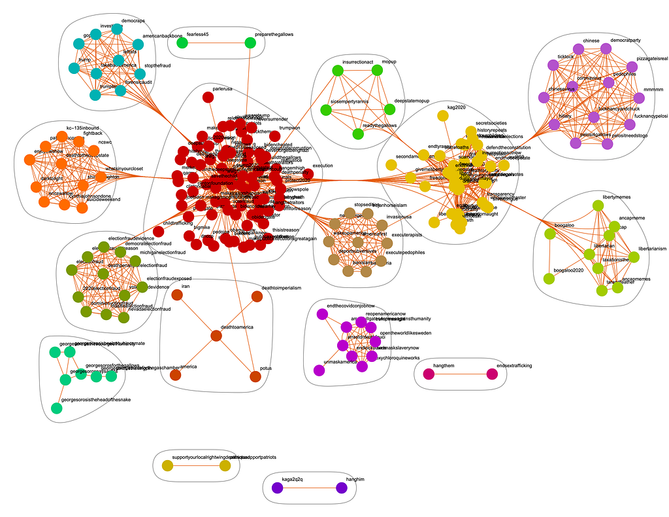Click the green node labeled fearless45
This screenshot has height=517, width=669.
click(182, 43)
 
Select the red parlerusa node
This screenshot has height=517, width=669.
click(208, 97)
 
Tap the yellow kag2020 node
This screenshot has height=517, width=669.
click(442, 116)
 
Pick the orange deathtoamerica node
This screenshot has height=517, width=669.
click(216, 336)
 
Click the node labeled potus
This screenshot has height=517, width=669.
click(255, 376)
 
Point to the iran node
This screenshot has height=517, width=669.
click(176, 295)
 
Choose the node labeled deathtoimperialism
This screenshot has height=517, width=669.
click(257, 296)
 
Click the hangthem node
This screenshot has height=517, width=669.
click(429, 374)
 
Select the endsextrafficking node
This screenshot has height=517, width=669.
click(492, 374)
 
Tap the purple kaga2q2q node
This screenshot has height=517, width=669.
click(277, 488)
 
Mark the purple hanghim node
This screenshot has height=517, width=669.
click(341, 488)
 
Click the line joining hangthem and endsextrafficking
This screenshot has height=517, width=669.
click(460, 374)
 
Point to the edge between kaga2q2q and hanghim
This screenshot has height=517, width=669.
click(309, 488)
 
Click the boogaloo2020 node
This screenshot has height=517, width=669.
click(549, 279)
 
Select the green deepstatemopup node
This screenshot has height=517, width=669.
click(390, 109)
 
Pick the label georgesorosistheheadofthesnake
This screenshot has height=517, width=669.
click(94, 399)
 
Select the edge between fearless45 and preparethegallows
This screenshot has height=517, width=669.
click(216, 43)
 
